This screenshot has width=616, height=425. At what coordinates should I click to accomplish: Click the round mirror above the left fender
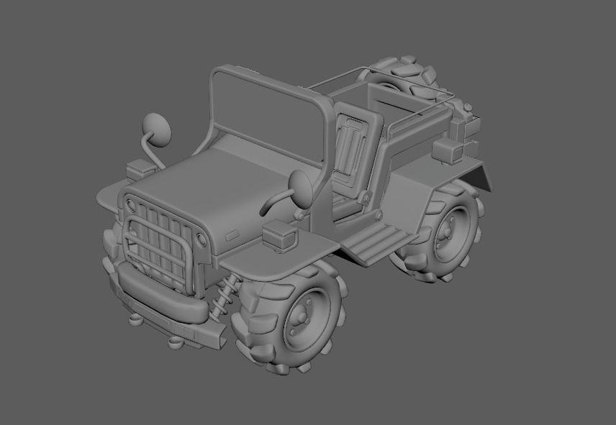tap(158, 128)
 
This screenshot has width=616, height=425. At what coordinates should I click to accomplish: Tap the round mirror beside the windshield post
tap(302, 187)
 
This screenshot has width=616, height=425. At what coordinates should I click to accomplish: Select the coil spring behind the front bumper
tap(224, 296)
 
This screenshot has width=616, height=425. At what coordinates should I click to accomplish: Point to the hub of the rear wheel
tap(447, 231)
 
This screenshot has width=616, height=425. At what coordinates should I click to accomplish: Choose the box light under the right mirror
tap(280, 235)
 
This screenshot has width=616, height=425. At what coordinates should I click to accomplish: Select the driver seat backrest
tap(355, 144)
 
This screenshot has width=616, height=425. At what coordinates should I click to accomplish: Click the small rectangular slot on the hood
tap(233, 235)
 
